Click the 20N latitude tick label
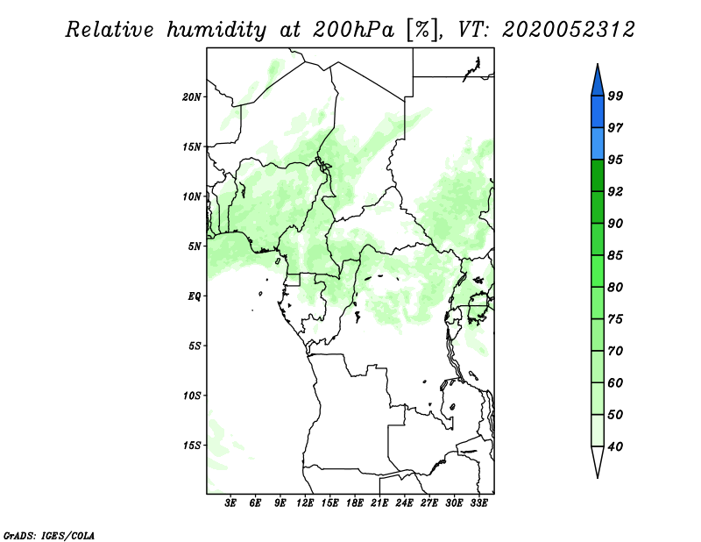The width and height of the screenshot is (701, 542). pyautogui.click(x=191, y=96)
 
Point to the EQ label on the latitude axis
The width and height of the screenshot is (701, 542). pyautogui.click(x=194, y=296)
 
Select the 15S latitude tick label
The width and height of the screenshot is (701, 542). pyautogui.click(x=191, y=445)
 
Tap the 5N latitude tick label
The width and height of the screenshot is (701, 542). pyautogui.click(x=195, y=246)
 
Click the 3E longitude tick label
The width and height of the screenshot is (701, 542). pyautogui.click(x=230, y=503)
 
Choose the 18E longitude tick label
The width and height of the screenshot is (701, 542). pyautogui.click(x=355, y=503)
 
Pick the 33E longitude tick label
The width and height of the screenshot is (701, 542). pyautogui.click(x=478, y=503)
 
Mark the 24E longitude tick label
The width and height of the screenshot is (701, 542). pyautogui.click(x=404, y=503)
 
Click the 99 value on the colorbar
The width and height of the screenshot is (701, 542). pyautogui.click(x=615, y=96)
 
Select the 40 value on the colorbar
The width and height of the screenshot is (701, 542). pyautogui.click(x=615, y=446)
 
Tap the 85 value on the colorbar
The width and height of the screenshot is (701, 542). pyautogui.click(x=615, y=255)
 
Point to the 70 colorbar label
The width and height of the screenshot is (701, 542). pyautogui.click(x=615, y=351)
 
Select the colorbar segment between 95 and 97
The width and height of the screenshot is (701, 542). pyautogui.click(x=598, y=144)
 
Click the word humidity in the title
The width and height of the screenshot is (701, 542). pyautogui.click(x=216, y=31)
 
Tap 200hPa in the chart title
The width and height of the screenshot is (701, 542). pyautogui.click(x=353, y=30)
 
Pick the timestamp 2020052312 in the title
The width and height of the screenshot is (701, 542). pyautogui.click(x=568, y=30)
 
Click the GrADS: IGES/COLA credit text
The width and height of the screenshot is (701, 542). pyautogui.click(x=49, y=535)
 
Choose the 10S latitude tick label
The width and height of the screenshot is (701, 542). pyautogui.click(x=191, y=396)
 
